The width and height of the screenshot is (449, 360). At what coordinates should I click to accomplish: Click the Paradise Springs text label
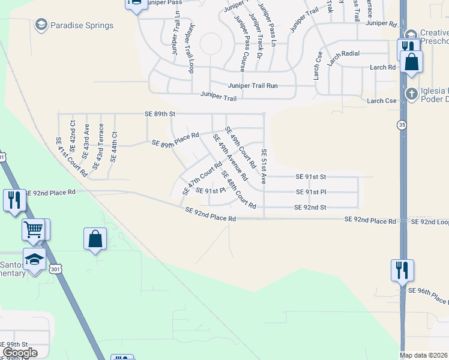point(82,26)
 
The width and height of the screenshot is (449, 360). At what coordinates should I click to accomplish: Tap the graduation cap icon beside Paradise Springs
point(41,25)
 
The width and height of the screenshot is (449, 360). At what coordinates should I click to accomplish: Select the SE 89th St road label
point(160,113)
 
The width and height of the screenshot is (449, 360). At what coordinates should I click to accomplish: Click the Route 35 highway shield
point(402,125)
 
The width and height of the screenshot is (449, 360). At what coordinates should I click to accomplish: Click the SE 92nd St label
point(310,207)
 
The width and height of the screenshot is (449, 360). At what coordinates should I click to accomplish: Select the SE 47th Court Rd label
point(202,178)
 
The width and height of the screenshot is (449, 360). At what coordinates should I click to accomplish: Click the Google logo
point(20,353)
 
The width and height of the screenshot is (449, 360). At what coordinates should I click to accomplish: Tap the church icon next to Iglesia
point(411,93)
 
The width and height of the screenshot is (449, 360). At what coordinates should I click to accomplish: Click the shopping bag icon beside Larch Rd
point(412,62)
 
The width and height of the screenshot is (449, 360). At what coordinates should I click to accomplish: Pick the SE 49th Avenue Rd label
point(230,157)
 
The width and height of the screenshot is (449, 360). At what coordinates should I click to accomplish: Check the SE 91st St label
point(310,177)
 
